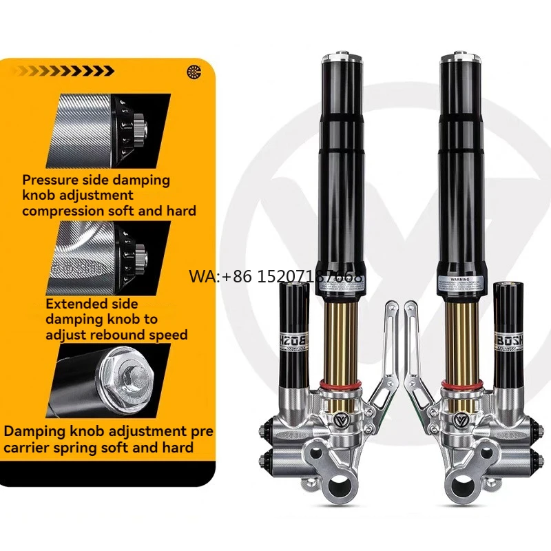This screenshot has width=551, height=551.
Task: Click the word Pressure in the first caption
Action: (50, 180)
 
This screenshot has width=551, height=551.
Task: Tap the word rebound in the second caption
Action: (118, 335)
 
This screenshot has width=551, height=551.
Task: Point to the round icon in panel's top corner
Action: (194, 71)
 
